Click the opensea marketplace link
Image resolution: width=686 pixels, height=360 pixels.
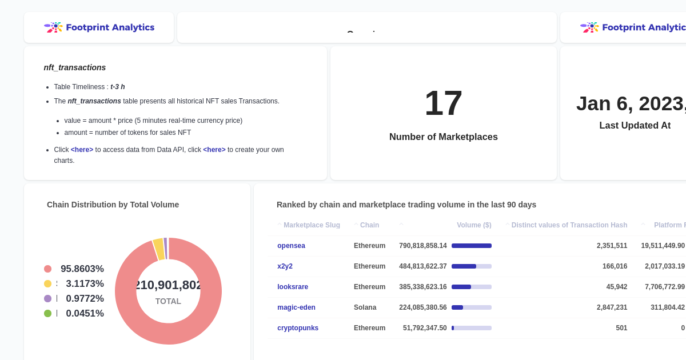coord(291,246)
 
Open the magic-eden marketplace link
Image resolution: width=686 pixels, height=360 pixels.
coord(296,307)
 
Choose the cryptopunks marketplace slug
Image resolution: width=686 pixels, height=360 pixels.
coord(298,328)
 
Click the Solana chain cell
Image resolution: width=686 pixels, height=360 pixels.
coord(365,307)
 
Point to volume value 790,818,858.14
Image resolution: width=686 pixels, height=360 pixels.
coord(423,246)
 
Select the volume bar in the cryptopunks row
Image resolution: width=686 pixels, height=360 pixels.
coord(471,328)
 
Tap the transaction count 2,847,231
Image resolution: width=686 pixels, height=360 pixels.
coord(612,307)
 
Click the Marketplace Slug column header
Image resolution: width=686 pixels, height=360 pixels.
coord(312,225)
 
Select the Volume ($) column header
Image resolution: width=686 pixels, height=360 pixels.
coord(474,225)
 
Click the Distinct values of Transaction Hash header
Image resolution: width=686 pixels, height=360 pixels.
coord(569,225)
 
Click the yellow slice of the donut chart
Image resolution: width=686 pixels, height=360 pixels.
coord(158,249)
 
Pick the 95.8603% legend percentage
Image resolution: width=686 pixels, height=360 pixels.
coord(82,269)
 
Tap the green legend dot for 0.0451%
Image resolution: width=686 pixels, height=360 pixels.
coord(47,314)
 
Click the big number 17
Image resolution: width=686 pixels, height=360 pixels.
coord(443,103)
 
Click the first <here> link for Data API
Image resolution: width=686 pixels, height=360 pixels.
coord(82,150)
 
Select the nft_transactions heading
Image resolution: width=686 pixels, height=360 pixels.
coord(75,67)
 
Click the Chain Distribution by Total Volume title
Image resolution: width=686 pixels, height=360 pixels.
coord(113,205)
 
